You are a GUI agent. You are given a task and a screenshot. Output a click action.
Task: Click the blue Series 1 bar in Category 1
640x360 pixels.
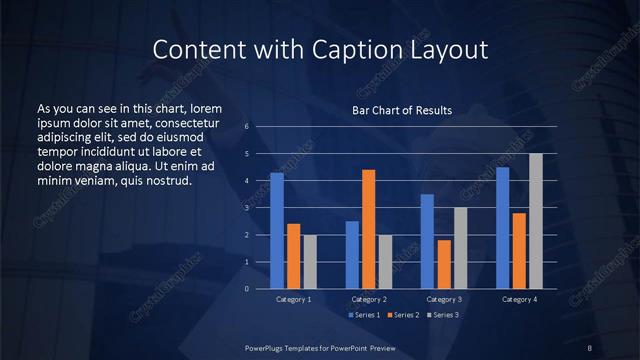[277, 231]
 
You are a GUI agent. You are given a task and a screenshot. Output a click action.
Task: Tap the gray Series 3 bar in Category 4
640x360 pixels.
[536, 221]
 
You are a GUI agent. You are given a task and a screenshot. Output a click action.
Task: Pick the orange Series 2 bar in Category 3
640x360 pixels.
[444, 264]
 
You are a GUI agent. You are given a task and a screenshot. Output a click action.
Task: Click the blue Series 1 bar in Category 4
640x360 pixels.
[503, 228]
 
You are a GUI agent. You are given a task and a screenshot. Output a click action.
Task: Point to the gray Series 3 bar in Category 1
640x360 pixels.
[310, 262]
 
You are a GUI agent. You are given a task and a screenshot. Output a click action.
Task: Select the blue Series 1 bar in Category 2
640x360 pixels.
[352, 255]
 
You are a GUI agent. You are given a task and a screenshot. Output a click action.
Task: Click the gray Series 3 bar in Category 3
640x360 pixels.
[460, 248]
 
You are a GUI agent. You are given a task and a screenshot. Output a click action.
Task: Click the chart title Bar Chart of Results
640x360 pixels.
[402, 110]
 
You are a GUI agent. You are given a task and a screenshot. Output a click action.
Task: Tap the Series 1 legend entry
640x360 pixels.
[365, 315]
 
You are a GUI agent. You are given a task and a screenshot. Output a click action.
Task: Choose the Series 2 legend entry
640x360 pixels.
[403, 315]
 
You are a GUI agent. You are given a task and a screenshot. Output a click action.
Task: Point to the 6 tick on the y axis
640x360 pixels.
[247, 127]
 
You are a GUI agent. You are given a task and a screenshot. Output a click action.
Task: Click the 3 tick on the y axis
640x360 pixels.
[247, 208]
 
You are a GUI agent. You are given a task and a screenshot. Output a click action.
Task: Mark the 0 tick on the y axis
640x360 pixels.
[247, 289]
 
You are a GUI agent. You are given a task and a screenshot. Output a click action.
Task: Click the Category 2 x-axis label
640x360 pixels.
[369, 299]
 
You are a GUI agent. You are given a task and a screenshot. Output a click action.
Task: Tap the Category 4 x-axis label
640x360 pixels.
[519, 299]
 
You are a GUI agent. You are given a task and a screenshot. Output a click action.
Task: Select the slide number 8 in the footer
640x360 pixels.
[590, 347]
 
